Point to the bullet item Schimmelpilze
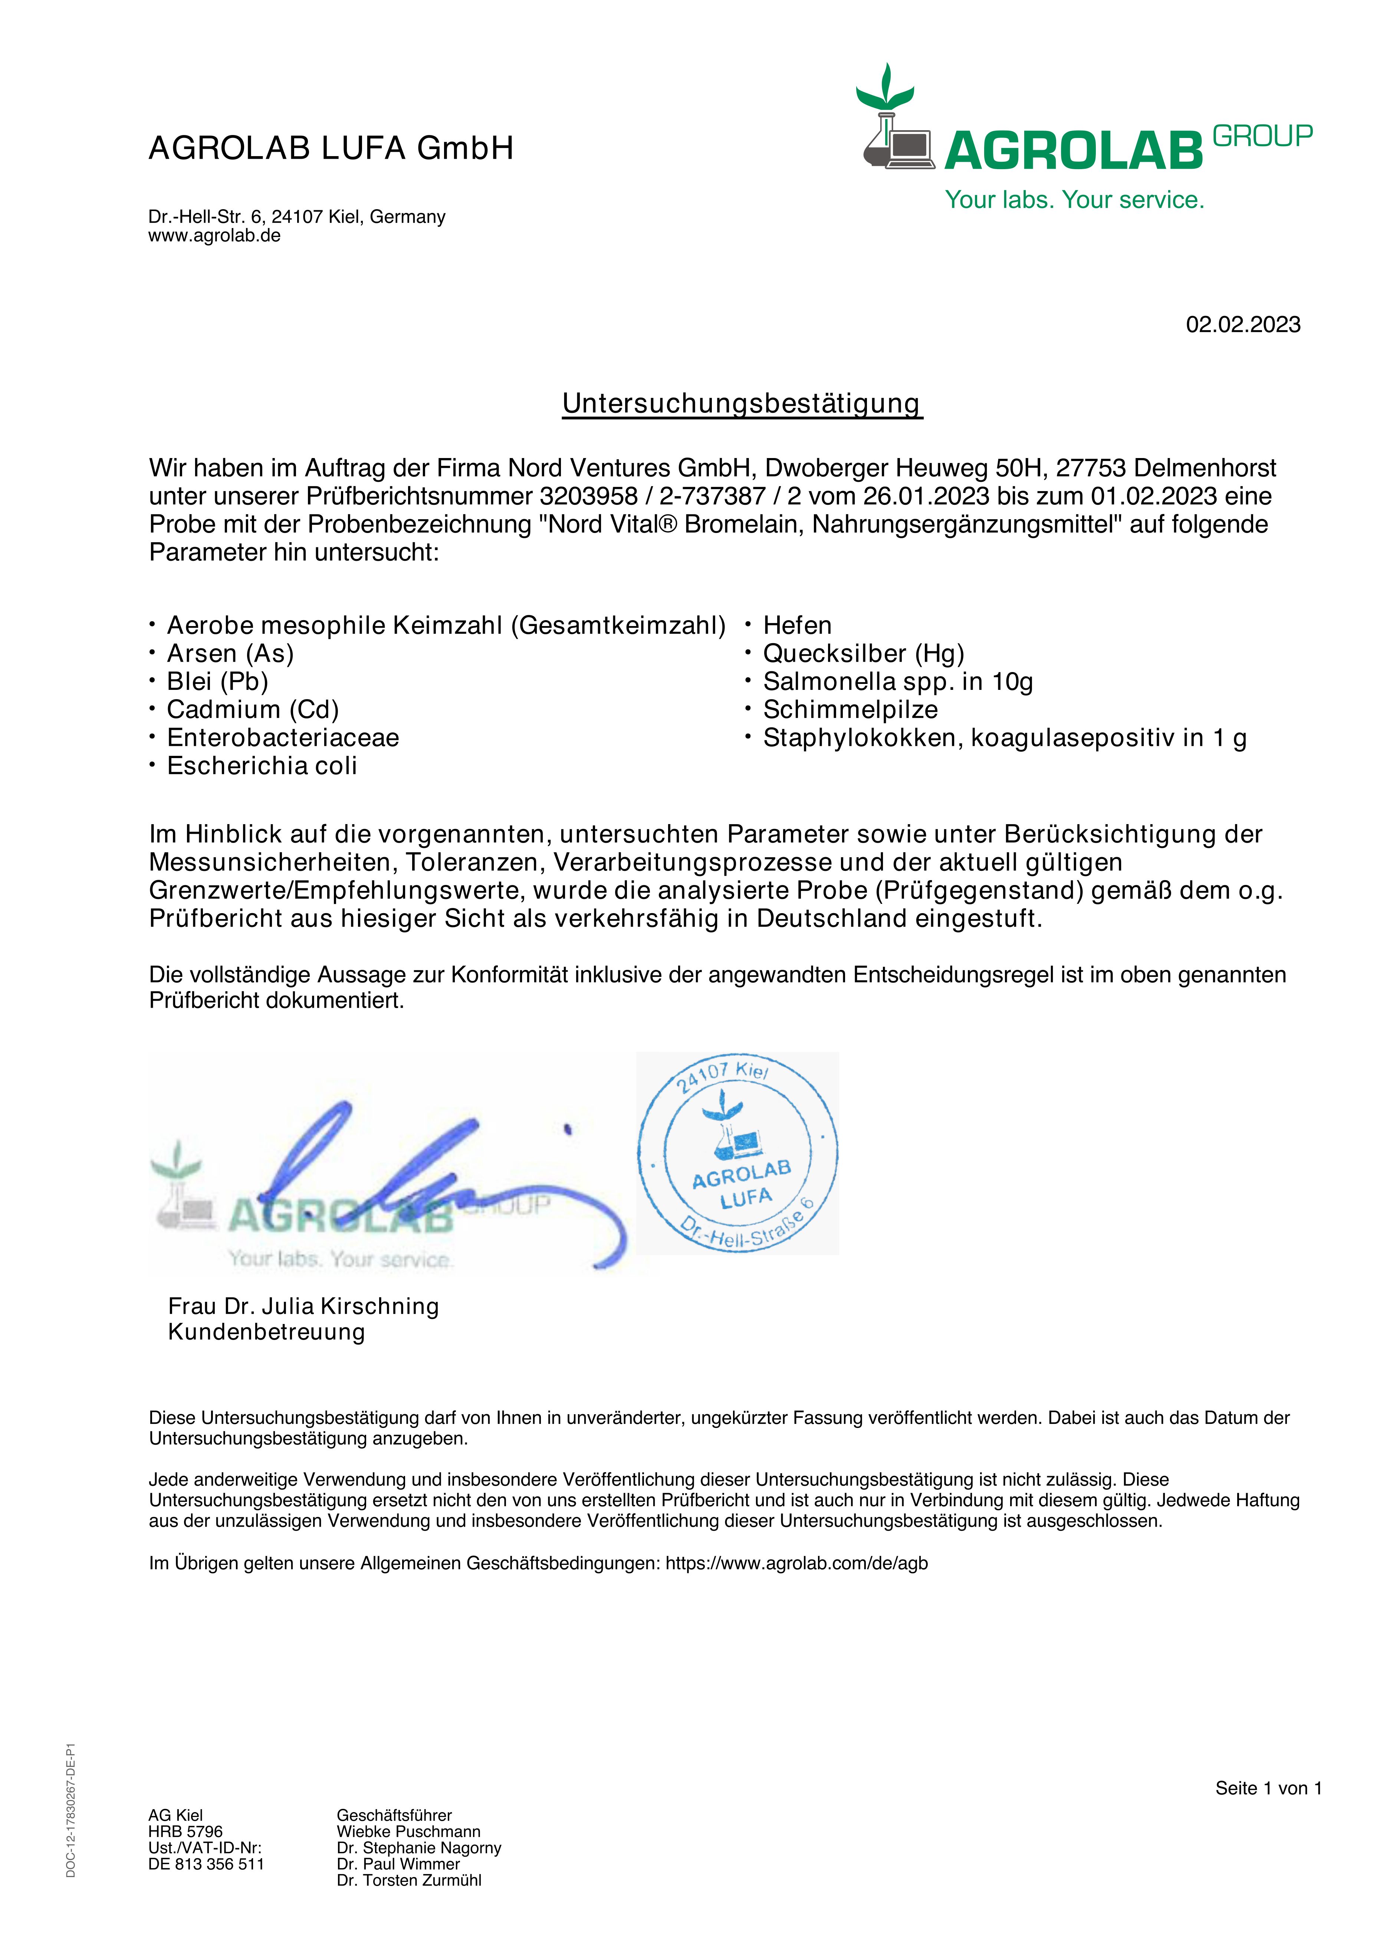pyautogui.click(x=850, y=710)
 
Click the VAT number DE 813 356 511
pyautogui.click(x=206, y=1864)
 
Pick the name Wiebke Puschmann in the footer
pyautogui.click(x=408, y=1831)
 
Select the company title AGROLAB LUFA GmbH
pyautogui.click(x=331, y=148)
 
